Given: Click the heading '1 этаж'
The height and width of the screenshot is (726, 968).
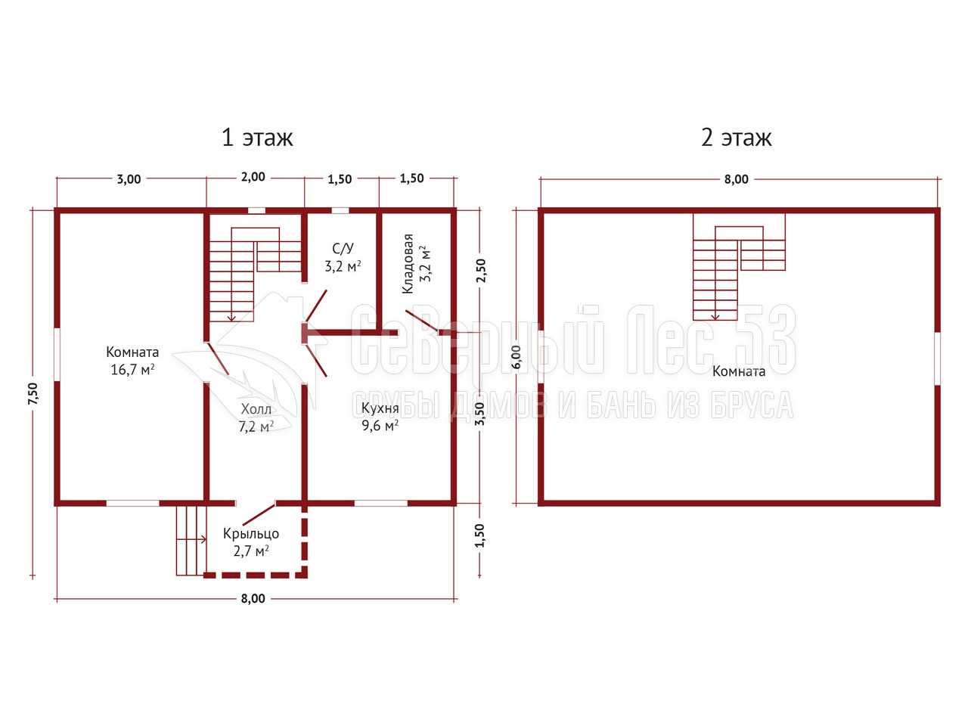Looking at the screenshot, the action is click(x=256, y=137).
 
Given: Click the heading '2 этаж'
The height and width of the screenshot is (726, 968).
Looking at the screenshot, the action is click(x=736, y=137).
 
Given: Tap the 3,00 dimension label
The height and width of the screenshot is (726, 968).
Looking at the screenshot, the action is click(x=129, y=179).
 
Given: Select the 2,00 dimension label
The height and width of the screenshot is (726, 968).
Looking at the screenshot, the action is click(x=253, y=177).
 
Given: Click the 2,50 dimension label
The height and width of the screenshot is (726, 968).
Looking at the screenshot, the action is click(x=481, y=271).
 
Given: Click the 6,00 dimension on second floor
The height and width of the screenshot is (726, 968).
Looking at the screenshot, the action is click(x=517, y=358).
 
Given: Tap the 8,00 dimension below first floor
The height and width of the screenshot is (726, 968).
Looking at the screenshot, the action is click(x=253, y=599).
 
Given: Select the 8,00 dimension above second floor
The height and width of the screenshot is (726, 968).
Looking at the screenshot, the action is click(x=737, y=179).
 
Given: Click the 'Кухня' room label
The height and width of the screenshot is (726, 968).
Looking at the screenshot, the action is click(x=380, y=408).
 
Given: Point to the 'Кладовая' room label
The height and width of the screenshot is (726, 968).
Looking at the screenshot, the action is click(x=408, y=264).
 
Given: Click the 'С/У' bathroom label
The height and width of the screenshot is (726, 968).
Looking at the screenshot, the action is click(x=343, y=249).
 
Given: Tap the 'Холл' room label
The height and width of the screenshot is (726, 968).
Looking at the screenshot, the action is click(x=256, y=409).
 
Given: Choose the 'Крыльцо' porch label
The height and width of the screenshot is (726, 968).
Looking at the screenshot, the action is click(x=251, y=534).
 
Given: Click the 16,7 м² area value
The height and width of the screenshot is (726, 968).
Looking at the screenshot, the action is click(x=132, y=369).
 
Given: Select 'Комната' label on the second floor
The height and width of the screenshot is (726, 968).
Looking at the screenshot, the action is click(x=739, y=371).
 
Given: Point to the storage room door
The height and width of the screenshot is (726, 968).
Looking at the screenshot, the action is click(x=422, y=322).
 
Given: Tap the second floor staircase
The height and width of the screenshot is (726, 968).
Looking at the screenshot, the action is click(x=739, y=267).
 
